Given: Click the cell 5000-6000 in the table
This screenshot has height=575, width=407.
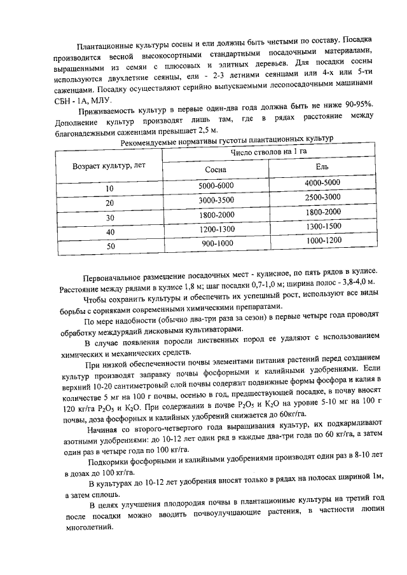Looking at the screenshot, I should point(216,186).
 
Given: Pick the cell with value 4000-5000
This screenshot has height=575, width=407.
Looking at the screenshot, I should point(323,182).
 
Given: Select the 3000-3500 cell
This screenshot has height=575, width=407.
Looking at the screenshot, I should point(216,201).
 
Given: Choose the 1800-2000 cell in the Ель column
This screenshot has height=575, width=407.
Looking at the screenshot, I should point(323,212).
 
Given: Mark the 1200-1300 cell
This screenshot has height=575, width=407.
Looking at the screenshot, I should point(216,229).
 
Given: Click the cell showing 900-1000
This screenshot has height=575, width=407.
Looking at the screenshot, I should point(218,244).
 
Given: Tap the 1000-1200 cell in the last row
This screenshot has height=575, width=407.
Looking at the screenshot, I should point(324,241).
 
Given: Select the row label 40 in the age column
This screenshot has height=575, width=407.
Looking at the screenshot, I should point(110,233).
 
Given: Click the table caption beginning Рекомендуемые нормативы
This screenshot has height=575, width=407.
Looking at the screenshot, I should point(226,142).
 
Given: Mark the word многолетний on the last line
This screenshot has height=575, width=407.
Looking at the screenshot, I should point(89,528).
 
